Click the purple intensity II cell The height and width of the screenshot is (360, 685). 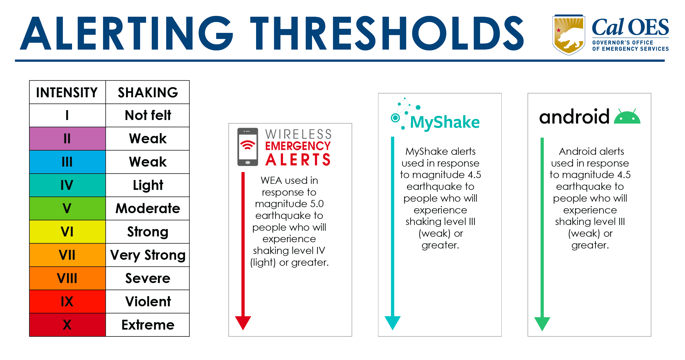pos(67,138)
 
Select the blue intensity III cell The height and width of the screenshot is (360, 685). pos(67,162)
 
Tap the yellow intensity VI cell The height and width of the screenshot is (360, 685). pos(67,232)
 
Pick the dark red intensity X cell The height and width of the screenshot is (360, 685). pos(67,325)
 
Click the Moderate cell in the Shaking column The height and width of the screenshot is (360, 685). pos(148,208)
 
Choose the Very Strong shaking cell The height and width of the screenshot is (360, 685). pos(148,255)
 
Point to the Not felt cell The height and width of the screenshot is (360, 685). pos(148,115)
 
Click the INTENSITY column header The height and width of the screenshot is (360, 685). pos(67,92)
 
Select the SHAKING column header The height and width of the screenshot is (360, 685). pos(148,92)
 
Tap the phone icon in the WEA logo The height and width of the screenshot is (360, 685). pos(248,147)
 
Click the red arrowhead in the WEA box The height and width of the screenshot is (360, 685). pos(243,322)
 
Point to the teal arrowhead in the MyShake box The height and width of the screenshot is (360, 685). pos(392,322)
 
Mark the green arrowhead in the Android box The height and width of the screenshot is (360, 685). pos(542,323)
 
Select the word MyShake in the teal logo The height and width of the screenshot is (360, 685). pos(445,122)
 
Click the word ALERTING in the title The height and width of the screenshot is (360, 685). pos(126,33)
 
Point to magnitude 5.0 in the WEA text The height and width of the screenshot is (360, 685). pos(289,204)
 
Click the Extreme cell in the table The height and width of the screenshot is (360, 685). pos(148,325)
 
